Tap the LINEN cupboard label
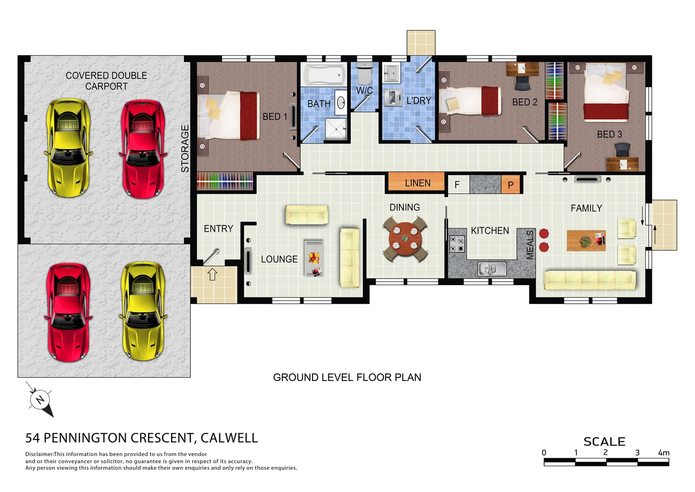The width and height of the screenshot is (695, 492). coord(417,183)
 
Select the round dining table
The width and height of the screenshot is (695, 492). coord(405,239)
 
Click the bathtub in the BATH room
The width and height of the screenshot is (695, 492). coord(324,75)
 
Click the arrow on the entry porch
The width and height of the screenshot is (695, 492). coord(212,274)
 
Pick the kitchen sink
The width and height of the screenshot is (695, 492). coord(492,269)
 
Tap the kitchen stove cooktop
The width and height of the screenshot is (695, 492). coord(457,244)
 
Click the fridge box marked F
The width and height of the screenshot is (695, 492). coord(457,185)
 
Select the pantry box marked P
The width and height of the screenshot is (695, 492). coord(510,185)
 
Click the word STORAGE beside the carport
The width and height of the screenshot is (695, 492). coord(185,149)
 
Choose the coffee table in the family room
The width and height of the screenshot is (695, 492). coord(586,241)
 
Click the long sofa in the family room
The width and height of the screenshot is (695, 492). coord(589,279)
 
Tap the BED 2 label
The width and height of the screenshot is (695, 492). coord(524,102)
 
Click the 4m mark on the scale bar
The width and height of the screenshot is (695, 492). coord(664,453)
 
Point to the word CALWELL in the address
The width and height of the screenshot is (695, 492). coord(229,438)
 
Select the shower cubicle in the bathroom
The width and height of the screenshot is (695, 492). coord(336,129)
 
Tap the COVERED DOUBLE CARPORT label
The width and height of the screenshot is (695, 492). coord(106,81)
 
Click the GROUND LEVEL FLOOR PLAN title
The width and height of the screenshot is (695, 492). coord(347,377)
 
